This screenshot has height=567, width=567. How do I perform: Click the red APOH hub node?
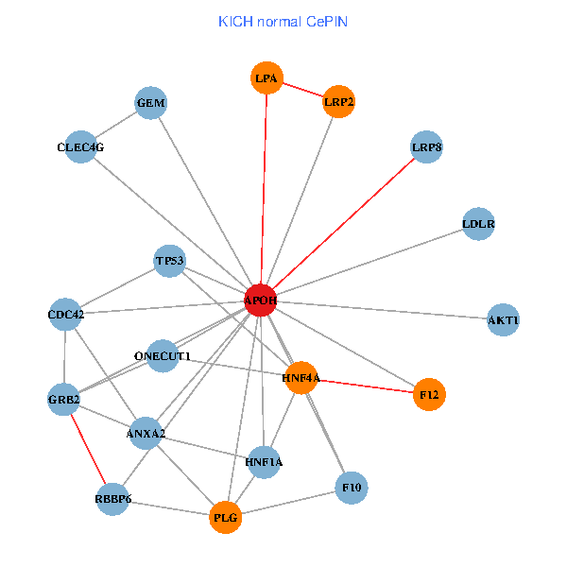coord(260,301)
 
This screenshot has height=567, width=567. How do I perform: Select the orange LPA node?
coord(266,78)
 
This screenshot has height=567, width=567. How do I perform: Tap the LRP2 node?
coord(338,101)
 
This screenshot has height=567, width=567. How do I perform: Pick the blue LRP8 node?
coord(427,147)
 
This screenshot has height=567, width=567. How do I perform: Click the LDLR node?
coord(479,225)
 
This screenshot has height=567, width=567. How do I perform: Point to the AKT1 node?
coord(503,320)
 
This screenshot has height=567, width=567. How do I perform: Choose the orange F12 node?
coord(429,392)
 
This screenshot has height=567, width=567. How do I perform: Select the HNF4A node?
coord(301,378)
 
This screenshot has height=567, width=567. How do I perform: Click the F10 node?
coord(352,488)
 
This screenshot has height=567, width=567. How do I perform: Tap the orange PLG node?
coord(226,517)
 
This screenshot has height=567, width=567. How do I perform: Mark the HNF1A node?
coord(263,462)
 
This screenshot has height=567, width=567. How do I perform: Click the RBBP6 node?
coord(112,498)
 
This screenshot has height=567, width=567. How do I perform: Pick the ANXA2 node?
coord(146,434)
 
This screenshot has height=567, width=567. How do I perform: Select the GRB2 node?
coord(64,400)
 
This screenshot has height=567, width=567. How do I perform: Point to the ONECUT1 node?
coord(163,356)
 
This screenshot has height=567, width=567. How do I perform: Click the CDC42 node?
coord(65,315)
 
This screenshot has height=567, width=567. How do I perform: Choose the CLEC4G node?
coord(80,147)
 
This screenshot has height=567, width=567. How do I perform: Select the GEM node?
coord(150,103)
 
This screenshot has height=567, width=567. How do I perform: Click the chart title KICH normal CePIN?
coord(283,22)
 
